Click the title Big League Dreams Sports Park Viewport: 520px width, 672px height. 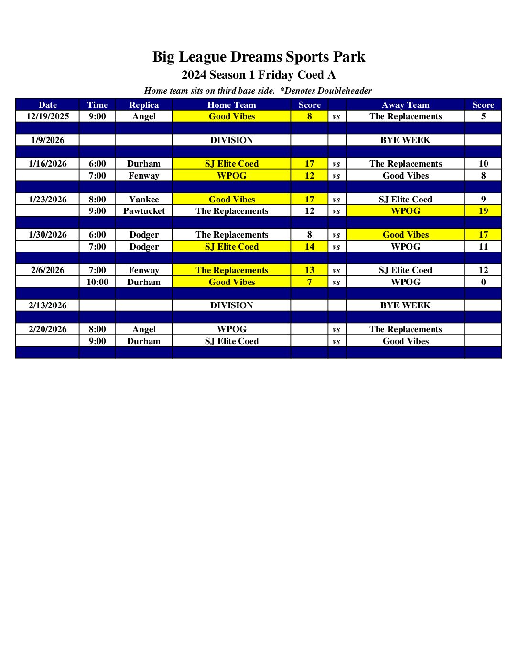(259, 57)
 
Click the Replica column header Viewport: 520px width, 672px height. (144, 105)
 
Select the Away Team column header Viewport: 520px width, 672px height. (405, 105)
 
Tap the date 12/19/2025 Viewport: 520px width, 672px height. (48, 116)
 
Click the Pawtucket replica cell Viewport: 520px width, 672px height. (144, 211)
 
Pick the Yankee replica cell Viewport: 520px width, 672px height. (144, 199)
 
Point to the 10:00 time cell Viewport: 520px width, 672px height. (97, 282)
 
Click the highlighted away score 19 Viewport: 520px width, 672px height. (483, 211)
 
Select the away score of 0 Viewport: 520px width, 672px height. (483, 282)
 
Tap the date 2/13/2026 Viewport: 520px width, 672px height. (48, 305)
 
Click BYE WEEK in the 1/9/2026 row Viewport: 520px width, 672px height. (405, 140)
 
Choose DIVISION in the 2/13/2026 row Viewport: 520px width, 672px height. (231, 305)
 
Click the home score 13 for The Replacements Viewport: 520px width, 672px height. (309, 270)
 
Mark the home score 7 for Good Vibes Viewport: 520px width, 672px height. (309, 282)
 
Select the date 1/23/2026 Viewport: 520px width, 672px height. (48, 199)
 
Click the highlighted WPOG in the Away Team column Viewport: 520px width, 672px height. (405, 211)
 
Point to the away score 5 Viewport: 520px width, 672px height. (483, 116)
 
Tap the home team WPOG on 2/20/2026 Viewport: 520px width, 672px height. (231, 329)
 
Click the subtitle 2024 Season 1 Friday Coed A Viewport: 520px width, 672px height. (259, 75)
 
